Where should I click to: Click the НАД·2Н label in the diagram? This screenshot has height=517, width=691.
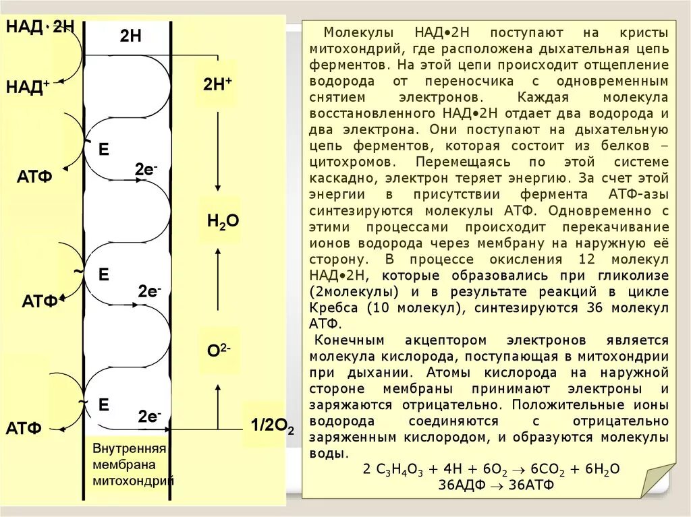(40, 28)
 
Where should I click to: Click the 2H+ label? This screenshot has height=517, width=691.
(217, 84)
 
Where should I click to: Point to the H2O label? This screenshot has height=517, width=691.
(223, 220)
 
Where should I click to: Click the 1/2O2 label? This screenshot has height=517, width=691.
(272, 425)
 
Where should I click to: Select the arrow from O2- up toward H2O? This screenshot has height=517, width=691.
(217, 283)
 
